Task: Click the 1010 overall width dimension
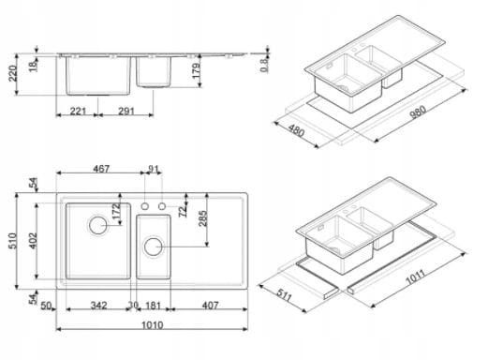coord(153,325)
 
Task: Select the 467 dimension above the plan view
coord(101,169)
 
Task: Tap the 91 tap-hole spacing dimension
coord(154,169)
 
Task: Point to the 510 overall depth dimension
coord(12,241)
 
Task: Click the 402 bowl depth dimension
coord(33,241)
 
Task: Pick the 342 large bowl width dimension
coord(99,306)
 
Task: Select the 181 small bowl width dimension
coord(154,306)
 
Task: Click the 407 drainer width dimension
coord(210,306)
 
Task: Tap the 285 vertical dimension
coord(202,218)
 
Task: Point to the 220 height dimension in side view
coord(12,73)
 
